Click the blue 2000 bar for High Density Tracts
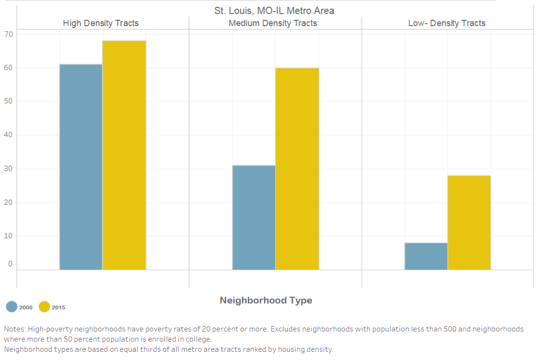[x=81, y=167]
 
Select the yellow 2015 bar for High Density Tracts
[x=124, y=155]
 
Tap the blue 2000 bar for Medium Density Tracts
[x=254, y=217]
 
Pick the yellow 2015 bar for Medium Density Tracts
[x=297, y=169]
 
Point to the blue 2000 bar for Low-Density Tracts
[x=426, y=256]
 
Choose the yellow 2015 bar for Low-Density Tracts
[x=469, y=222]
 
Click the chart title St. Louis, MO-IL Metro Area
[x=274, y=10]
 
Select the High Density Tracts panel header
[x=101, y=23]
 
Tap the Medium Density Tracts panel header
[x=273, y=23]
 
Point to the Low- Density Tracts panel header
[x=446, y=23]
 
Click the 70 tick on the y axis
[x=8, y=34]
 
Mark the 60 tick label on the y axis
[x=8, y=68]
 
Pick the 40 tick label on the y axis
[x=8, y=135]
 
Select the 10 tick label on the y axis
[x=8, y=236]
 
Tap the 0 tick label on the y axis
[x=10, y=264]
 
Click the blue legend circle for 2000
[x=12, y=307]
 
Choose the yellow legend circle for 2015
[x=44, y=307]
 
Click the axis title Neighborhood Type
[x=266, y=300]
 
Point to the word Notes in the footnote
[x=14, y=329]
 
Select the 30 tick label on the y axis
[x=8, y=169]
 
